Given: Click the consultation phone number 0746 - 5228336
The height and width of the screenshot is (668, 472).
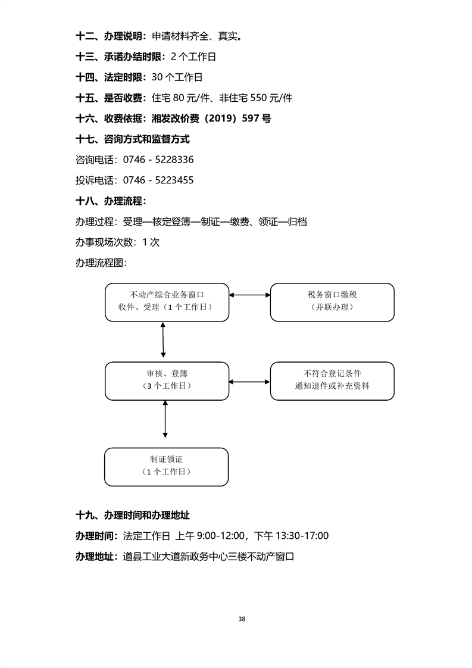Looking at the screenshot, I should [x=158, y=160].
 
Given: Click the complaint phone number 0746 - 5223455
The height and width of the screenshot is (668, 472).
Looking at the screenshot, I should [x=158, y=180].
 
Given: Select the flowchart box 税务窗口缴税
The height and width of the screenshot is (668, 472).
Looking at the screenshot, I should [x=332, y=301].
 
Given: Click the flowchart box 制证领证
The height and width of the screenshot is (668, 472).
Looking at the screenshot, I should [x=166, y=466].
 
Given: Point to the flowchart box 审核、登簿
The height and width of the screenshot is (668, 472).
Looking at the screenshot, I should [x=166, y=380].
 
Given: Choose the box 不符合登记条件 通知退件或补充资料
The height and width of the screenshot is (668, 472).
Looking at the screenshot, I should [x=332, y=380].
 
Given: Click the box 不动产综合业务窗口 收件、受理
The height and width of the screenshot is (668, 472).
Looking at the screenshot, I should [x=166, y=301].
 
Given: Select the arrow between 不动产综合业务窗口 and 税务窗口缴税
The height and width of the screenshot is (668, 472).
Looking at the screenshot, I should [x=250, y=295].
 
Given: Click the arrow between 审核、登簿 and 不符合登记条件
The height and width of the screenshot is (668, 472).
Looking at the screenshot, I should [x=250, y=382].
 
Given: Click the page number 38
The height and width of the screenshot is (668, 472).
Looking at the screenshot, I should [x=242, y=619].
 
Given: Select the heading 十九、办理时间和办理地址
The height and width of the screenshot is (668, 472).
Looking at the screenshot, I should [x=133, y=515].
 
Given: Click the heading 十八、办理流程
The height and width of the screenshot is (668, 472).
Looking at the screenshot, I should [x=111, y=200].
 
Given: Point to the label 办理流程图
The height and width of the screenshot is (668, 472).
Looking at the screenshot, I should [x=101, y=263].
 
